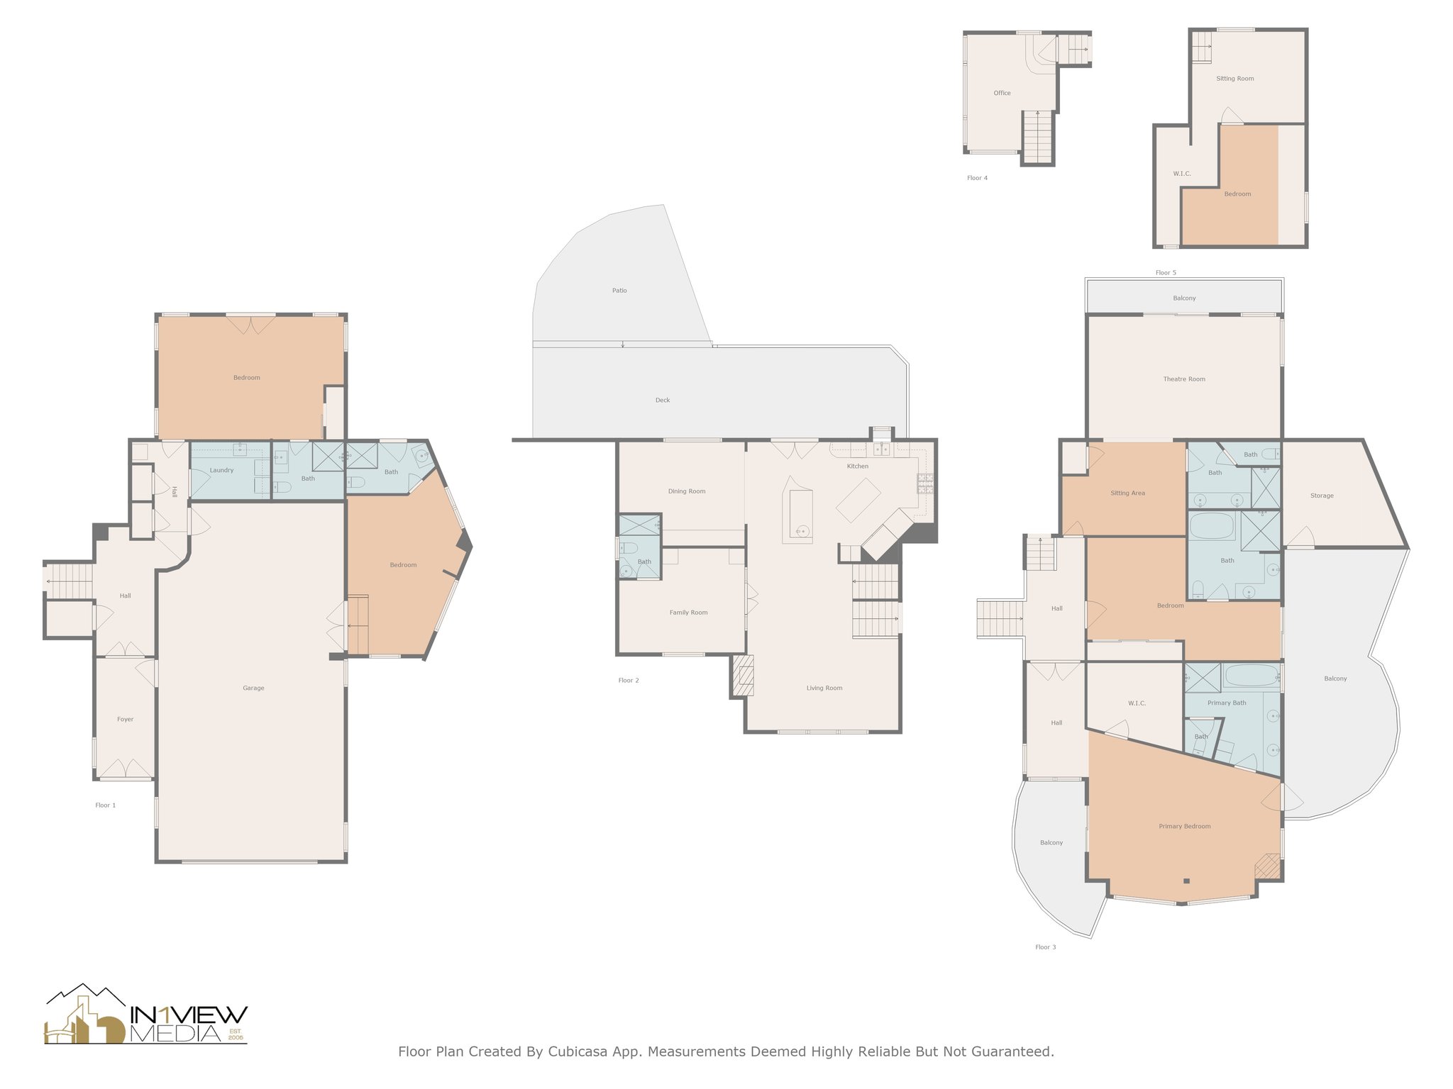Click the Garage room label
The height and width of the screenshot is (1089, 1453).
pos(253,688)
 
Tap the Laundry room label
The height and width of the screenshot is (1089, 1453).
pos(221,470)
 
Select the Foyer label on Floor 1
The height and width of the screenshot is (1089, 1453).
pos(125,719)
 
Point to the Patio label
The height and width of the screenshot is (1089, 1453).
pos(619,291)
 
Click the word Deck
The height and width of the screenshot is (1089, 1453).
pos(662,400)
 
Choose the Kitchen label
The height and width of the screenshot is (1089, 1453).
pos(857,466)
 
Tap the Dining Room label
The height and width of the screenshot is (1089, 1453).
pos(686,491)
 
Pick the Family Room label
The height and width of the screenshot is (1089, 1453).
pos(688,613)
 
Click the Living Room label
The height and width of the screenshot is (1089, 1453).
pos(824,688)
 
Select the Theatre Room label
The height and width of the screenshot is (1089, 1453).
pos(1183,379)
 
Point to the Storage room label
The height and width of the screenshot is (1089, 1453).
pos(1321,496)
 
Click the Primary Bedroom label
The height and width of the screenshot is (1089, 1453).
pos(1184,826)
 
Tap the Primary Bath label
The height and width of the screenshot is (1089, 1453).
pos(1226,703)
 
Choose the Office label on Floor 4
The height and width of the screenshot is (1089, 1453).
pos(1002,93)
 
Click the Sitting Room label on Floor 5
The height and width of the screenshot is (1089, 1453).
pos(1234,79)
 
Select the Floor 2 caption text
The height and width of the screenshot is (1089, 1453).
pos(628,681)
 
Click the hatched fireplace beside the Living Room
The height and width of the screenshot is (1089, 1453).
pos(743,676)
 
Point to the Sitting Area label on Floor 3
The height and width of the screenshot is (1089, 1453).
pos(1127,493)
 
